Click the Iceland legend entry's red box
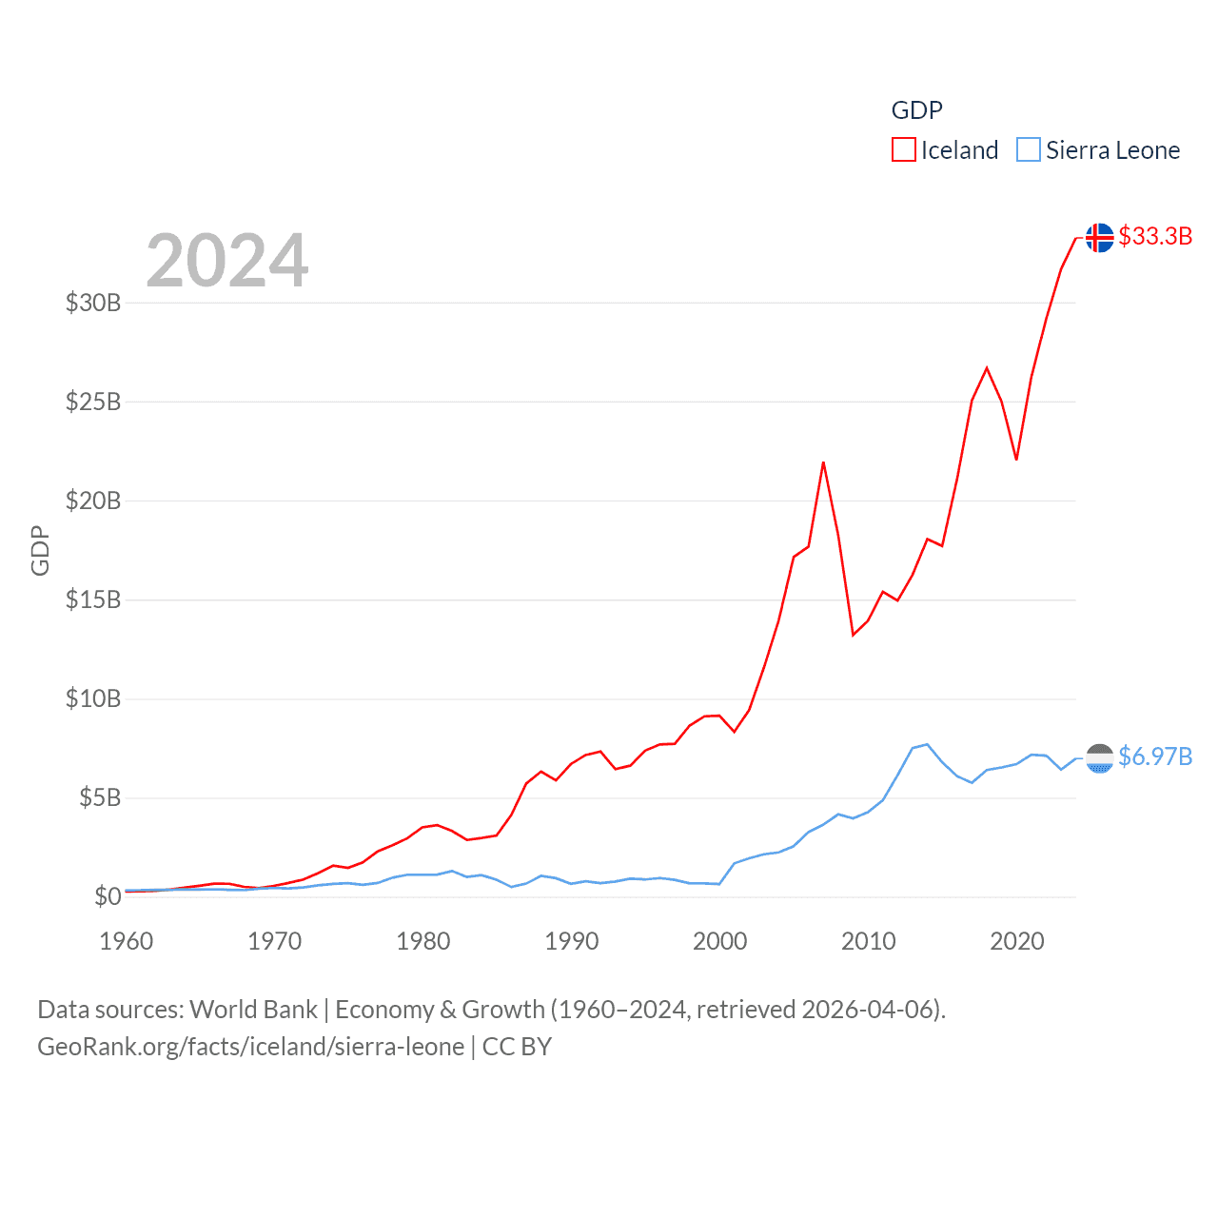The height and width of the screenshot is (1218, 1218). (x=903, y=150)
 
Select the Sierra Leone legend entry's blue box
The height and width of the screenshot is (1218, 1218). (x=1029, y=150)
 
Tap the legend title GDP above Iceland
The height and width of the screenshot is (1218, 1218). (x=916, y=110)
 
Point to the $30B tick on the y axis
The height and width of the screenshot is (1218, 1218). (x=93, y=303)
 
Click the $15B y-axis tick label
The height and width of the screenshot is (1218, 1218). (x=93, y=599)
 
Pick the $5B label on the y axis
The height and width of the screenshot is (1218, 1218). (x=100, y=797)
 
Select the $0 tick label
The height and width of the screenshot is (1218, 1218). (x=108, y=896)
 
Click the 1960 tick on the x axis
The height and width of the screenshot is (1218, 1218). (x=127, y=941)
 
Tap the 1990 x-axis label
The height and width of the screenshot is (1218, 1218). (x=572, y=941)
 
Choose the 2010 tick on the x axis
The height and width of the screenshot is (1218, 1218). (x=869, y=941)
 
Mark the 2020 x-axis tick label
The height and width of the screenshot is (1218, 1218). (x=1017, y=941)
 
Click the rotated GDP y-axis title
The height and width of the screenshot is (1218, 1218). (x=40, y=550)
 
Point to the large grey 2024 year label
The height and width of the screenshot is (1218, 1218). (x=227, y=261)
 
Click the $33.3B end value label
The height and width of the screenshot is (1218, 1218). (x=1155, y=236)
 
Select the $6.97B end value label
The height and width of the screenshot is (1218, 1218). (x=1155, y=756)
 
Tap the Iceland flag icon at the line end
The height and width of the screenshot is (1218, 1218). (x=1100, y=238)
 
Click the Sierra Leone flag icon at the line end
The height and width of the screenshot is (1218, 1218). (x=1100, y=758)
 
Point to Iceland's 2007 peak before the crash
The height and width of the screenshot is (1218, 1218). (x=823, y=462)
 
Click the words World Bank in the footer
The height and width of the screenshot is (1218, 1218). (x=253, y=1009)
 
